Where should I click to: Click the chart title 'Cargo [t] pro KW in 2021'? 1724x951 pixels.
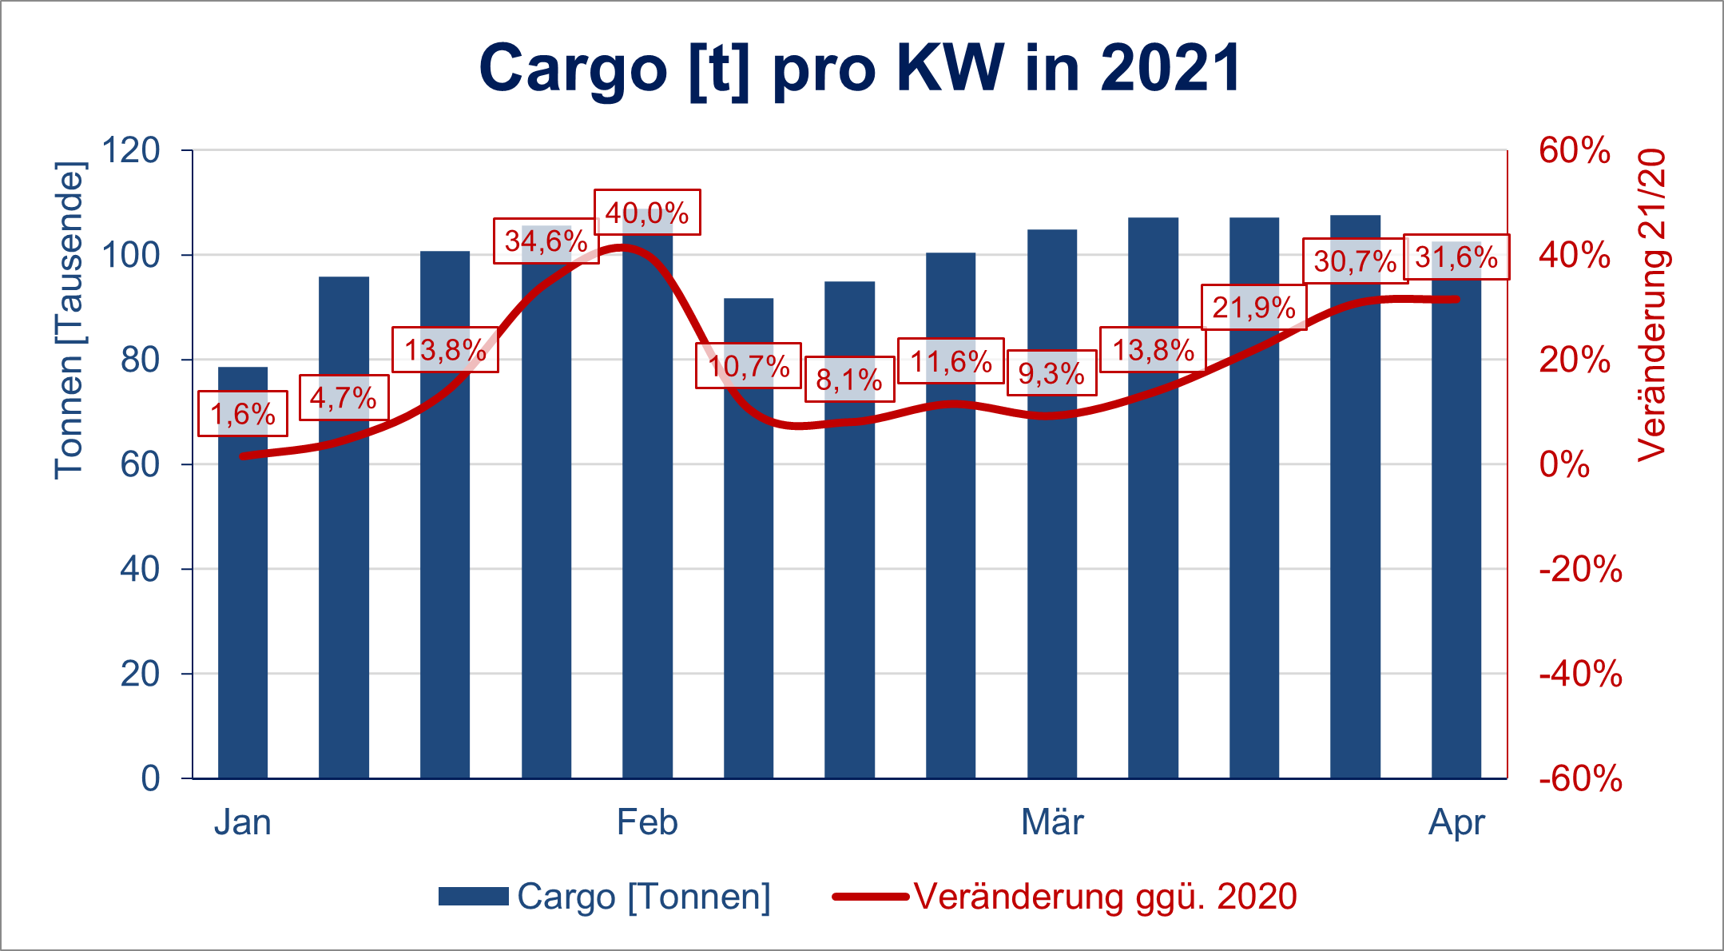(x=860, y=69)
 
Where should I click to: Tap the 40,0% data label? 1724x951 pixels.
(x=647, y=213)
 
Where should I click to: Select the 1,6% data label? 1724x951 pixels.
(x=243, y=414)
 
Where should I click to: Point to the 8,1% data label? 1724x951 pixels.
(x=849, y=380)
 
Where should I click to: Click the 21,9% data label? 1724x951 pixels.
(x=1253, y=307)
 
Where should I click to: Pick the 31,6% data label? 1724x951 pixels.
(x=1456, y=257)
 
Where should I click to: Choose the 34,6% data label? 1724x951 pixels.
(x=546, y=241)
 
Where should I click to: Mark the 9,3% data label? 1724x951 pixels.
(x=1051, y=373)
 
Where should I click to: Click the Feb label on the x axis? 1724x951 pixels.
(x=647, y=822)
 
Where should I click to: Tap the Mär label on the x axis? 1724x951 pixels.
(x=1052, y=822)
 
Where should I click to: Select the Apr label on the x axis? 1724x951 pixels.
(x=1456, y=822)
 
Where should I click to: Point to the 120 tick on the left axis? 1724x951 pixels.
(x=131, y=150)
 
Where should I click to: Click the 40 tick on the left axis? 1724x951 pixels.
(x=140, y=569)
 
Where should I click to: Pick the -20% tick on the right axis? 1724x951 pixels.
(x=1580, y=570)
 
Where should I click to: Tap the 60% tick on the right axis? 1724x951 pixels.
(x=1575, y=151)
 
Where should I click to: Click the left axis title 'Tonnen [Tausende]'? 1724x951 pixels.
(x=70, y=320)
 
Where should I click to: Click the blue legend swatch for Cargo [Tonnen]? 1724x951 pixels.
(x=473, y=897)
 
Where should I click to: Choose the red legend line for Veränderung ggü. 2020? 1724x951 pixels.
(x=870, y=897)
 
